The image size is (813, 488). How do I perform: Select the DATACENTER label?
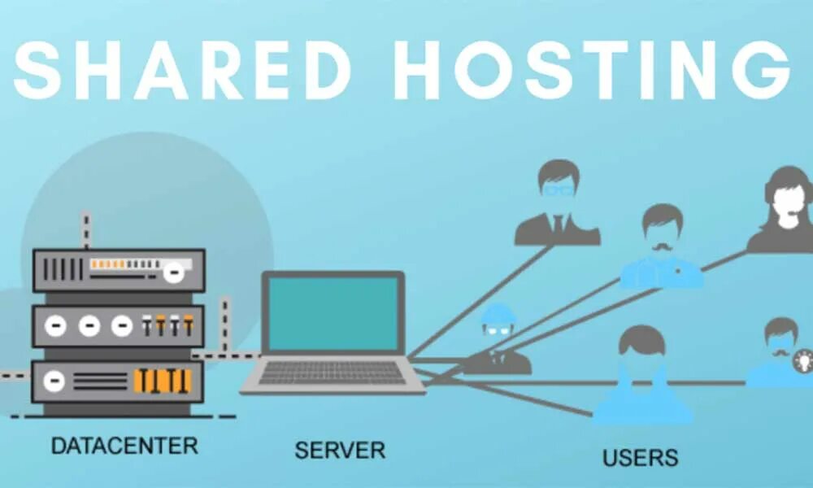pos(124,445)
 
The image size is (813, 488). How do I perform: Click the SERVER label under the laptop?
pos(339,449)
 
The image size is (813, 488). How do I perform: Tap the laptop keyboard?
pos(333,373)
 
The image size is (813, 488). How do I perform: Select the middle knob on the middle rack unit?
pos(89,326)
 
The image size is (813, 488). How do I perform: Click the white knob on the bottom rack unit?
pos(54,380)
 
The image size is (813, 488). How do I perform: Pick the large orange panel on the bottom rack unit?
pos(163,381)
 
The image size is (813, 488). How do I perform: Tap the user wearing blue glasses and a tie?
pos(558,203)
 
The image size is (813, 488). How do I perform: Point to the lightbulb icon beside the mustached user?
pos(803,359)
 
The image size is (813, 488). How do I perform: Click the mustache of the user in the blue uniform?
pos(661,243)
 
